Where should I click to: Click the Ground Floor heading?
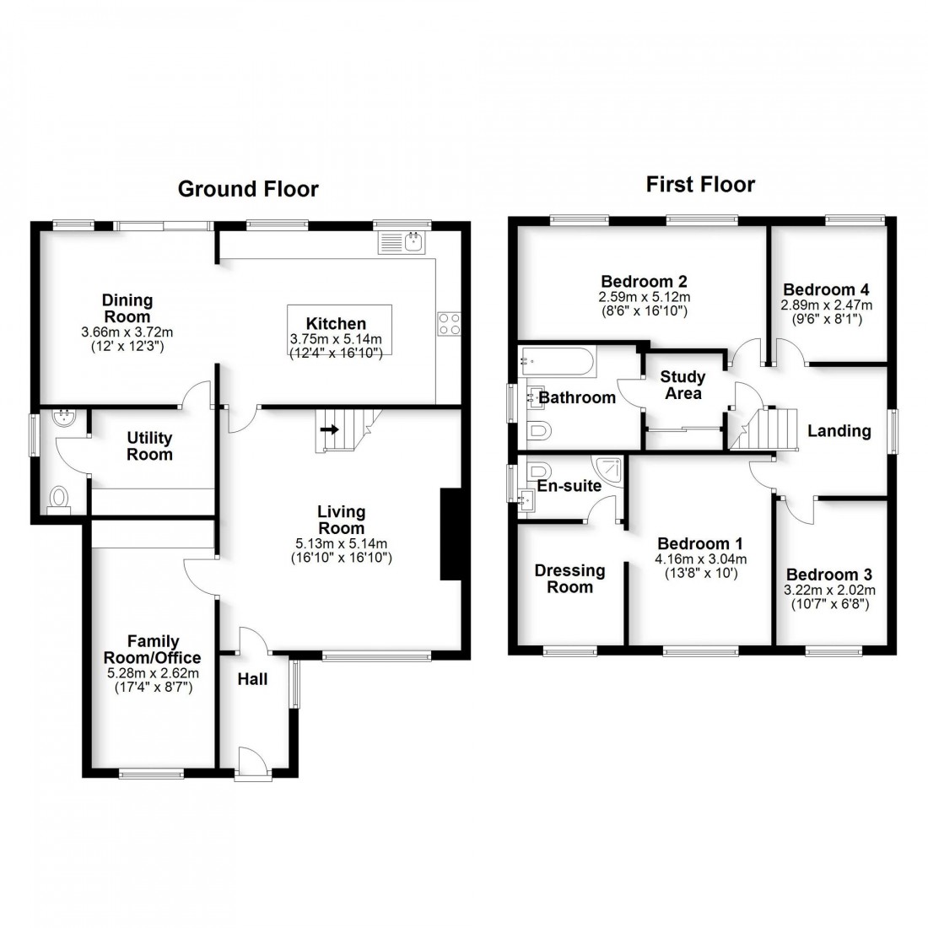248,189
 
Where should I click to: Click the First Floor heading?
700,184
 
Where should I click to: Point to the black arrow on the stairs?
329,429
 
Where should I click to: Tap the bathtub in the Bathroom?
558,362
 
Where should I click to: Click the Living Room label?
341,520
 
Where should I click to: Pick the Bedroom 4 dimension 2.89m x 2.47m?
827,305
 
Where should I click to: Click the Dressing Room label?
569,579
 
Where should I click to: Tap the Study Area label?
683,385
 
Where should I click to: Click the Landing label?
839,431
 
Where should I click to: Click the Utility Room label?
149,445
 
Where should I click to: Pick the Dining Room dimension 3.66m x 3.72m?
127,332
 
